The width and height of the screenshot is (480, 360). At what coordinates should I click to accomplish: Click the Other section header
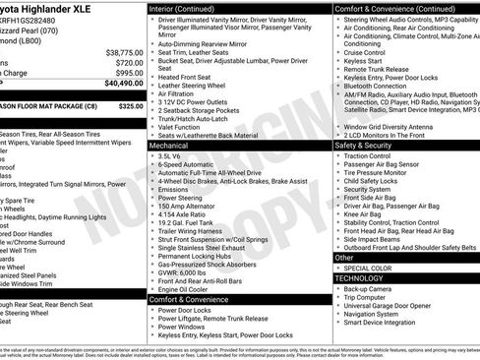point(344,257)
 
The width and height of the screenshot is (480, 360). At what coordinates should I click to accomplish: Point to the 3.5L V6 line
point(170,155)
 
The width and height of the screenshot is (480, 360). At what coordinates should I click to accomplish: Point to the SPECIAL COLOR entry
point(369,268)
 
